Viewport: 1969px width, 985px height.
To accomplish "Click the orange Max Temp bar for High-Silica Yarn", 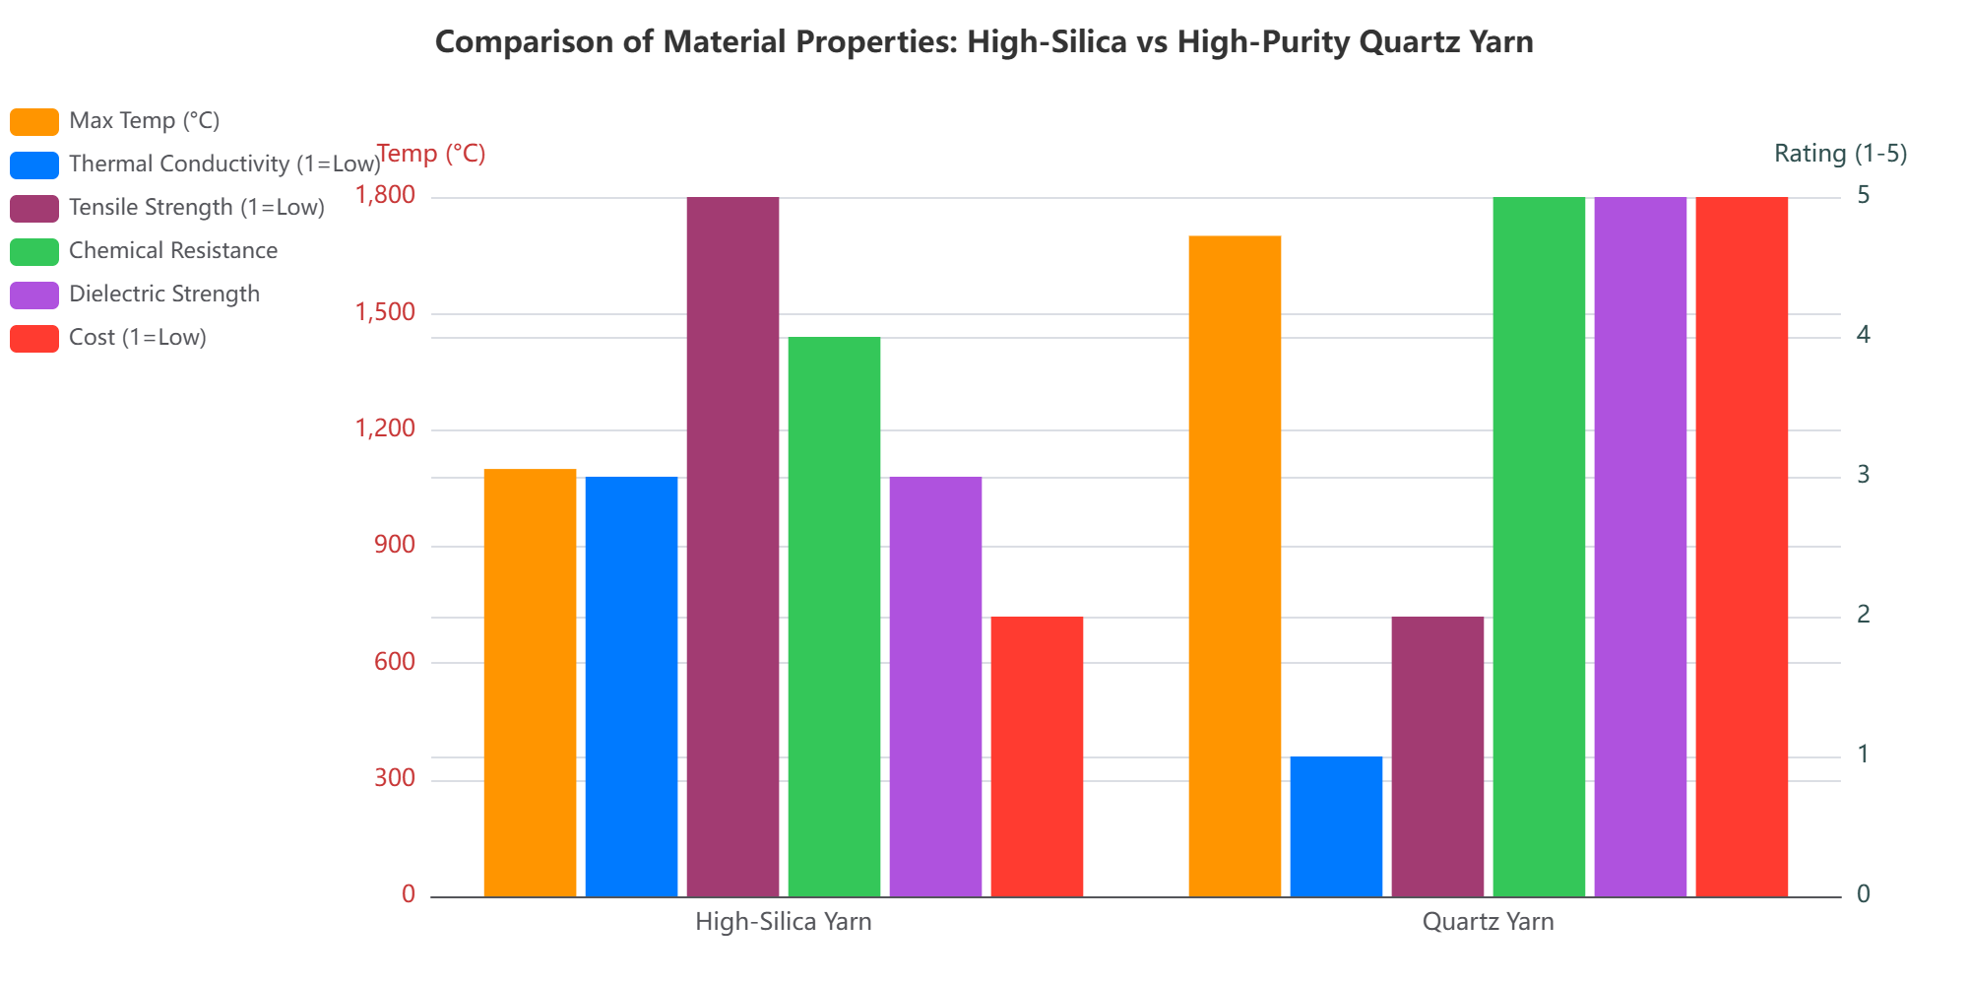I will (530, 683).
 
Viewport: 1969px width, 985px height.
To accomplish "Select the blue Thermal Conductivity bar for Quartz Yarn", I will (1336, 826).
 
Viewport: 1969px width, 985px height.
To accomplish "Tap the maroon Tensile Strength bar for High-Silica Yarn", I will (732, 547).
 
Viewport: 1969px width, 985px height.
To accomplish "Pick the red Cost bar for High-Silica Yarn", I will (1037, 756).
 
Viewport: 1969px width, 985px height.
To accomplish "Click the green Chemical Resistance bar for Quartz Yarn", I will (1539, 547).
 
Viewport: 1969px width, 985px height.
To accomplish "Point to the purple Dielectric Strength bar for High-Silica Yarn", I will (935, 687).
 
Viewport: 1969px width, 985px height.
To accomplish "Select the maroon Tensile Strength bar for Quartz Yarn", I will (1437, 756).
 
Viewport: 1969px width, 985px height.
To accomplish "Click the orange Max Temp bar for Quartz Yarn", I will (1235, 566).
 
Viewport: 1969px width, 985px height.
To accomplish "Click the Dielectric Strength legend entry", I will (163, 295).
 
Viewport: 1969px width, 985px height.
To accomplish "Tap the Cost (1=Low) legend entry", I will (137, 338).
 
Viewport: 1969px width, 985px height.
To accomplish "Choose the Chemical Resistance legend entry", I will (172, 251).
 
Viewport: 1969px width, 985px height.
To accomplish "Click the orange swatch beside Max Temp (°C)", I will (34, 121).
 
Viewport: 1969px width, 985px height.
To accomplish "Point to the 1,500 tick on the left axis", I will (386, 313).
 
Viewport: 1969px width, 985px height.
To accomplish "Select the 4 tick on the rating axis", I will (1863, 336).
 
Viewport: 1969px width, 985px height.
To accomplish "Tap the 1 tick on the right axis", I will (1863, 755).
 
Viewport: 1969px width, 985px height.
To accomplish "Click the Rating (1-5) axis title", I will (1840, 154).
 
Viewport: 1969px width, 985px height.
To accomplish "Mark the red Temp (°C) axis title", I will (431, 154).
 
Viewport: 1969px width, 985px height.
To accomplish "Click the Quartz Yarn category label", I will (1488, 923).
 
